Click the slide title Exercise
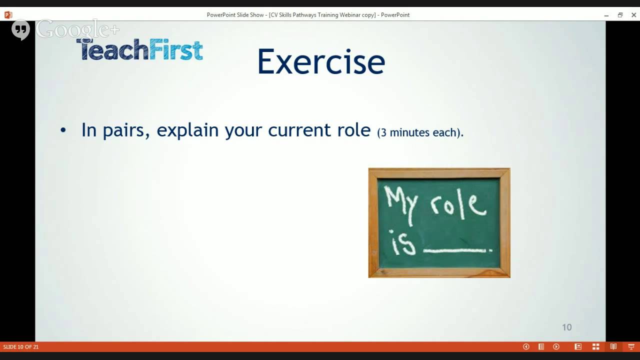(320, 62)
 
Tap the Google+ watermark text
(77, 29)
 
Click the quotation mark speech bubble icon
(20, 29)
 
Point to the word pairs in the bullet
(125, 130)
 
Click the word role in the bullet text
(353, 130)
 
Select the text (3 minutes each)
(420, 132)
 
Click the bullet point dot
(63, 130)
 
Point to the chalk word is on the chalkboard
(403, 244)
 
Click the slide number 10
(566, 327)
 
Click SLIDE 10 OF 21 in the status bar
(21, 347)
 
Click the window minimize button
(606, 15)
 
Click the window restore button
(620, 15)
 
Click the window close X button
(633, 15)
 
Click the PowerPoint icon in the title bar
(8, 15)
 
